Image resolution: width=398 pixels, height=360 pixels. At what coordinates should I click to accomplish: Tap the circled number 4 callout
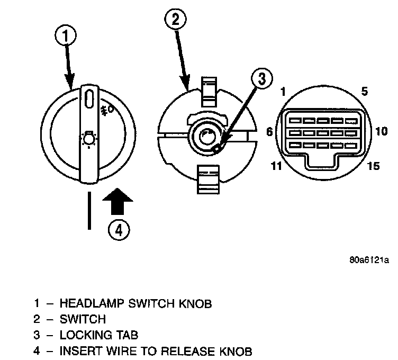(x=119, y=230)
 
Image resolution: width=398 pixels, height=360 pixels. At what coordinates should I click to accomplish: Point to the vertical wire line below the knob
(x=88, y=210)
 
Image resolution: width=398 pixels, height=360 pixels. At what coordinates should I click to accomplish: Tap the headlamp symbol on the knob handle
(x=88, y=138)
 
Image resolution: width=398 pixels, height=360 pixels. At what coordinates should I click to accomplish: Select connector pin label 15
(x=373, y=166)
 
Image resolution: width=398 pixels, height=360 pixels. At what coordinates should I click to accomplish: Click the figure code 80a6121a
(x=369, y=260)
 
